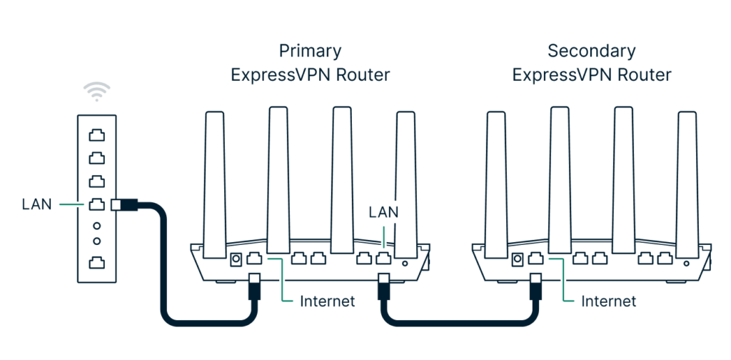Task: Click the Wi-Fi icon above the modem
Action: [97, 91]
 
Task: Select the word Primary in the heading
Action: [310, 51]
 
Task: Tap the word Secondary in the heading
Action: [591, 51]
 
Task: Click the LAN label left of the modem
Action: [37, 205]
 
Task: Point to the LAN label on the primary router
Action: [383, 212]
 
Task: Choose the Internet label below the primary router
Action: [327, 301]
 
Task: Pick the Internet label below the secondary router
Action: [608, 301]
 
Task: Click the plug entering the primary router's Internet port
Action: [253, 289]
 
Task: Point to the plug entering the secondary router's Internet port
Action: [535, 289]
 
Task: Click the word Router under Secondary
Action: [646, 75]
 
